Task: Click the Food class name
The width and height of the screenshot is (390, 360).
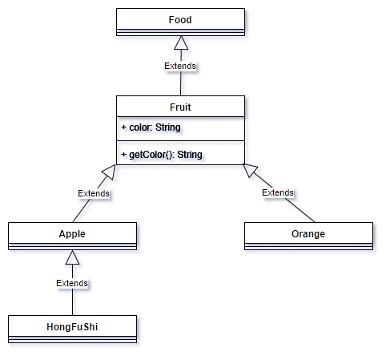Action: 180,19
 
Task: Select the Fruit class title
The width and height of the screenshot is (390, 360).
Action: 180,107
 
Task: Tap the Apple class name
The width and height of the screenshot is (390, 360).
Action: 72,233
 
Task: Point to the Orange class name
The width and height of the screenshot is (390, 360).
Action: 308,233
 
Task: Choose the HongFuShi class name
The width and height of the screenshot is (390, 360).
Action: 72,326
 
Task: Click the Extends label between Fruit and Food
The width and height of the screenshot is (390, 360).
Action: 180,67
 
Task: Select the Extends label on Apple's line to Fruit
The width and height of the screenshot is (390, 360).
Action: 94,193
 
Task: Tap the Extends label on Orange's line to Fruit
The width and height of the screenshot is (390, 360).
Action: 278,192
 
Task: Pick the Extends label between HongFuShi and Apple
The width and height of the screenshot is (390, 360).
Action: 72,283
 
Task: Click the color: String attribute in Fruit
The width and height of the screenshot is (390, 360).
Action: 152,128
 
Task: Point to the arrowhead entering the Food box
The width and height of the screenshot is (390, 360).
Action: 180,50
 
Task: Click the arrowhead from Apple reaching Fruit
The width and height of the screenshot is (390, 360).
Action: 111,172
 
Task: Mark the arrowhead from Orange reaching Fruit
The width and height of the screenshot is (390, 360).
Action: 251,171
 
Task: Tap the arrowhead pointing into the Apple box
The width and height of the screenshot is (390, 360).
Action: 72,259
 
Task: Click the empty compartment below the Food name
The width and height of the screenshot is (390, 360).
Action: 180,34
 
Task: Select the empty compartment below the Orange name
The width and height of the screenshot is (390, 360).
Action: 308,249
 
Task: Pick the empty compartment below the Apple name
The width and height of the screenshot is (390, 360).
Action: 72,249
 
